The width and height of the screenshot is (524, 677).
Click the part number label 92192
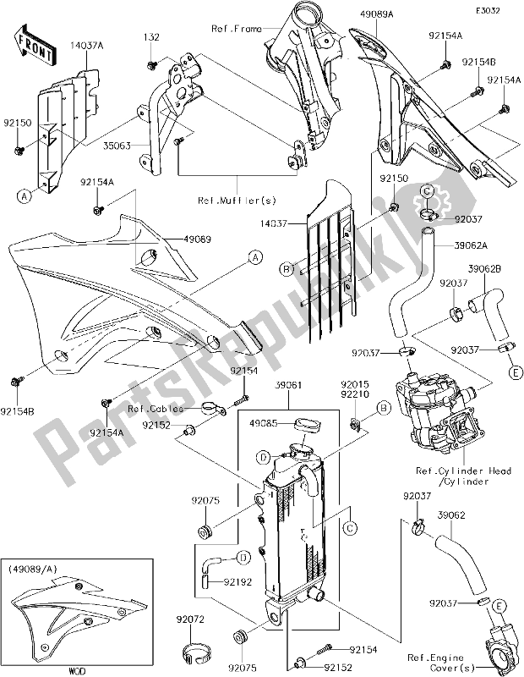pyautogui.click(x=237, y=581)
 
